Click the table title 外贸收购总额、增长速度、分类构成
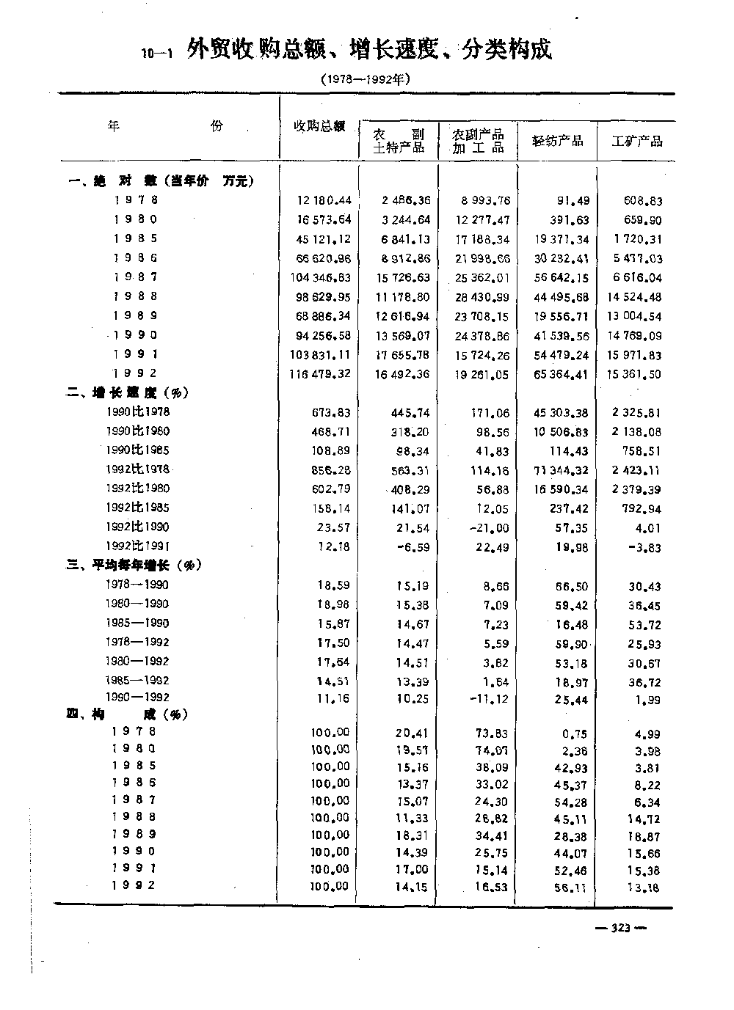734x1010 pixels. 369,50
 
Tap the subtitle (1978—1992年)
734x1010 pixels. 364,78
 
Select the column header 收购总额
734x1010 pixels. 319,125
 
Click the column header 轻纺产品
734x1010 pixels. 558,141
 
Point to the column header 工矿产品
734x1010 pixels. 637,141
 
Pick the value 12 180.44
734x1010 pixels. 324,200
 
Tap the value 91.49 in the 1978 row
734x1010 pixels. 573,200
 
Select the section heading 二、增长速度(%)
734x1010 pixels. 129,392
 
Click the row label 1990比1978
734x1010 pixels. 138,412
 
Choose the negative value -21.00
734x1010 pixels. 490,527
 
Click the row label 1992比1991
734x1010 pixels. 138,546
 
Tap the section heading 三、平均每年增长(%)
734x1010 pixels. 136,565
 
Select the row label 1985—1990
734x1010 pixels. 137,623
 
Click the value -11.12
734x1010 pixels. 490,699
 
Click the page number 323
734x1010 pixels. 620,929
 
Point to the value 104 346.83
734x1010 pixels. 321,277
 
